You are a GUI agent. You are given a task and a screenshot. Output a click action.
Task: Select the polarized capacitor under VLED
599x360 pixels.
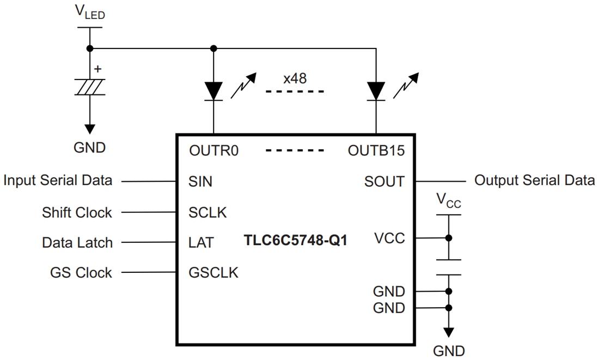pos(90,87)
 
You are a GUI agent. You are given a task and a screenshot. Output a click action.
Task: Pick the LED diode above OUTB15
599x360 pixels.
pos(376,90)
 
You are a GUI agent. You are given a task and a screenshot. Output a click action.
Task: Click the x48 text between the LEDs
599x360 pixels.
pos(295,78)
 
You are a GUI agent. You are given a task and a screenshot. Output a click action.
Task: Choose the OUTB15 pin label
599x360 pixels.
pos(376,150)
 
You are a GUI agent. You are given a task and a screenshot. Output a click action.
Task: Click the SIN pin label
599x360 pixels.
pos(200,181)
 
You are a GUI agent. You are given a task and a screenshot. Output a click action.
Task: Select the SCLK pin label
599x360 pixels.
pos(207,212)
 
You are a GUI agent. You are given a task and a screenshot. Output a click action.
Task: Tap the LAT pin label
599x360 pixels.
pos(201,242)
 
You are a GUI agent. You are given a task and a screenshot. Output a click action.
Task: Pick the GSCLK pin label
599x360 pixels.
pos(213,272)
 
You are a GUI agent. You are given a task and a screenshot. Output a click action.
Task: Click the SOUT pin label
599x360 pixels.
pos(384,181)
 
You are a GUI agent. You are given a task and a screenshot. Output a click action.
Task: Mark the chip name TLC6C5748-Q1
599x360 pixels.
pos(296,240)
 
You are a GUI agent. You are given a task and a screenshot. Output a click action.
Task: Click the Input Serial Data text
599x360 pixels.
pos(58,180)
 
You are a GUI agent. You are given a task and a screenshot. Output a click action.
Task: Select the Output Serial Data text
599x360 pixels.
pos(535,180)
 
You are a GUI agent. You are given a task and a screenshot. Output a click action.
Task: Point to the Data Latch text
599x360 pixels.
pos(77,242)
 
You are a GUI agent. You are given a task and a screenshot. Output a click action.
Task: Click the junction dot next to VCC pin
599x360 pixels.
pos(449,238)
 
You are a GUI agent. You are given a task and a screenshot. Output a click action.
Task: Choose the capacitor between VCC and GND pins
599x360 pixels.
pos(449,267)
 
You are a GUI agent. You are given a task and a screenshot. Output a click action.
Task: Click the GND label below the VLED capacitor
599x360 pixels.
pos(90,148)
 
